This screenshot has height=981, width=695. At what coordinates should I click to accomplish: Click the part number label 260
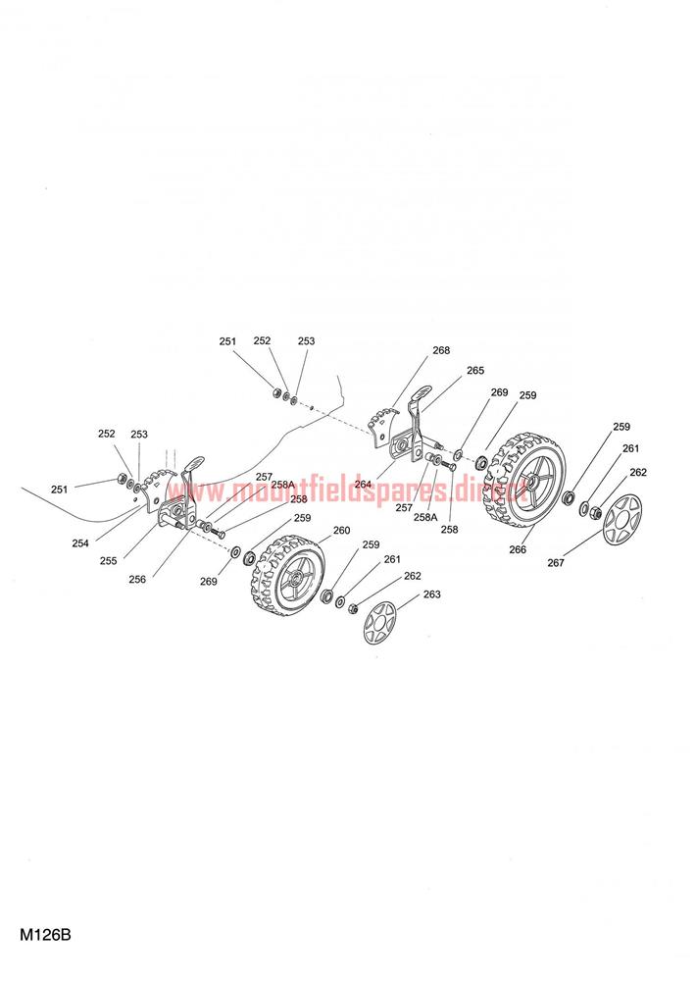[341, 531]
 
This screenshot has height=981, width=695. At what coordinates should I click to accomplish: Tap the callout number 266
[518, 549]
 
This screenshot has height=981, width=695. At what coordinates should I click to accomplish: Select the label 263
[432, 594]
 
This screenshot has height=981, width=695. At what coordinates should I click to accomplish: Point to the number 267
[556, 562]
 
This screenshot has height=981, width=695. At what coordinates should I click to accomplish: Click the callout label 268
[441, 350]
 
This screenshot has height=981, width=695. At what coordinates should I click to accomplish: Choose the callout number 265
[475, 371]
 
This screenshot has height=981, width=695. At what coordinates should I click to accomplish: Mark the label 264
[363, 484]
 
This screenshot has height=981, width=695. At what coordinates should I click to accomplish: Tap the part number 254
[80, 543]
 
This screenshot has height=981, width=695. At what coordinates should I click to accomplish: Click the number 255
[108, 560]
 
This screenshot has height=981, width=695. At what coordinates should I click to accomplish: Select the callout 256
[137, 580]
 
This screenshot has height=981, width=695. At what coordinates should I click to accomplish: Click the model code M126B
[45, 935]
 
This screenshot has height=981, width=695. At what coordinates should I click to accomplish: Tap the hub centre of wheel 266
[534, 481]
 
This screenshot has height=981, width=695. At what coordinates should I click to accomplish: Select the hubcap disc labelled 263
[379, 623]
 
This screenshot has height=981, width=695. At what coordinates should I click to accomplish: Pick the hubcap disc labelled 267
[622, 519]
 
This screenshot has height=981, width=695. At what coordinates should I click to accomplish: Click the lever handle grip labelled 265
[422, 394]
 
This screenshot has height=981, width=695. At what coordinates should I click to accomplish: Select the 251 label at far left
[60, 490]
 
